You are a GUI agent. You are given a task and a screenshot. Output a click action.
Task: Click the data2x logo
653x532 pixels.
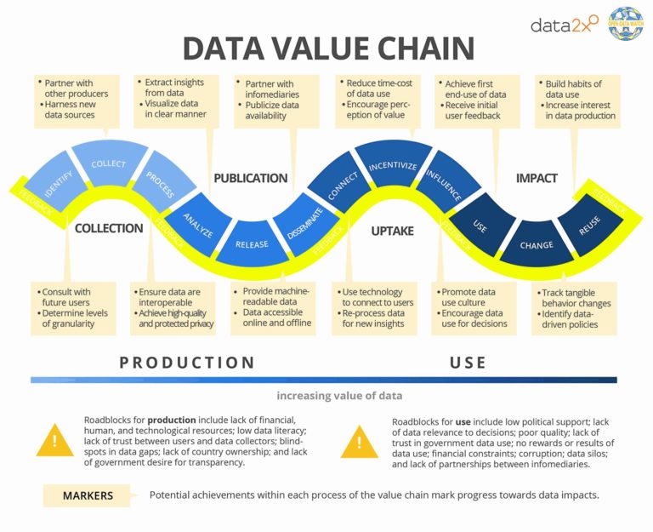tap(564, 25)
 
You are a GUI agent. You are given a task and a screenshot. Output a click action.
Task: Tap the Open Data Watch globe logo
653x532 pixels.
tap(626, 24)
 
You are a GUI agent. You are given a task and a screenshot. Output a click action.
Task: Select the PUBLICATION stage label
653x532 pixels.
tap(250, 178)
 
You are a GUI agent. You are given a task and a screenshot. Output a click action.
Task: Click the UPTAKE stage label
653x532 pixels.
tap(392, 231)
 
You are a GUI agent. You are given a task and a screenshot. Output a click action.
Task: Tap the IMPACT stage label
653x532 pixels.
tap(537, 178)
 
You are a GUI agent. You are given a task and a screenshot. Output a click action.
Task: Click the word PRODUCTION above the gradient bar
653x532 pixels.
tap(187, 363)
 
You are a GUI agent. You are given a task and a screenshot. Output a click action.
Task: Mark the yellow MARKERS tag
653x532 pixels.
tap(88, 495)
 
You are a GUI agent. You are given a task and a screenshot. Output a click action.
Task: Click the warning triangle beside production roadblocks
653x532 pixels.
tap(54, 440)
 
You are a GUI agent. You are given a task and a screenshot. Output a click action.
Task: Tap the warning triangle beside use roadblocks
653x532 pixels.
tap(358, 440)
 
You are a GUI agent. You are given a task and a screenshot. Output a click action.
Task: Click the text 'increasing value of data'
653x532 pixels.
tap(338, 396)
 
